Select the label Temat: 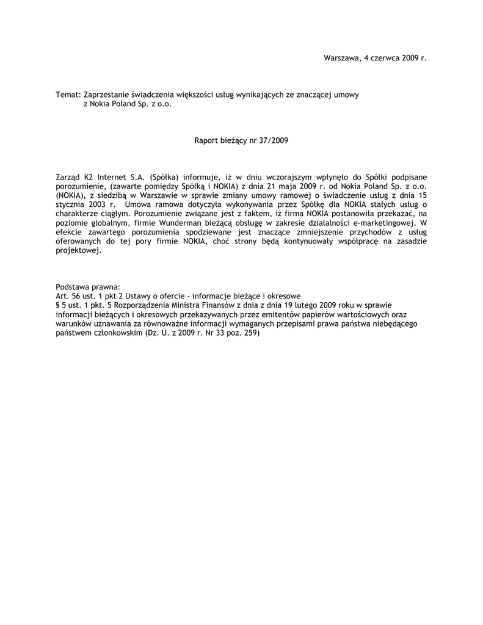point(68,95)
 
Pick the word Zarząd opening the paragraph point(68,177)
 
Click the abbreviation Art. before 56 point(62,295)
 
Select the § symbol point(57,305)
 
